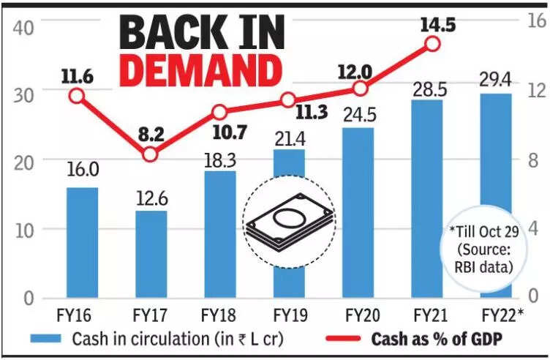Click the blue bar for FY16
(x=82, y=243)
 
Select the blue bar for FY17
(x=151, y=255)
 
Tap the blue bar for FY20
(x=358, y=213)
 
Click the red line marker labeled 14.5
(x=432, y=43)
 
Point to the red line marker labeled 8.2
(x=150, y=154)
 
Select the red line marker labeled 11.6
(x=77, y=96)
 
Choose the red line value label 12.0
(x=356, y=71)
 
